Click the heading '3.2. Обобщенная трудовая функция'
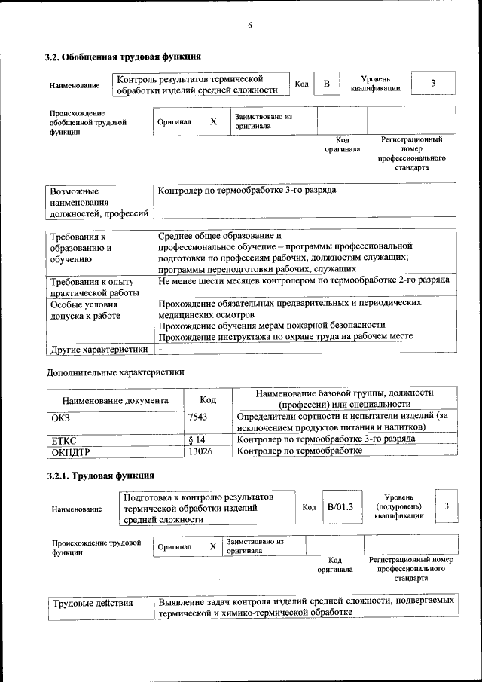122,57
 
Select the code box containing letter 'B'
326,84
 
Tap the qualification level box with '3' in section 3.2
433,84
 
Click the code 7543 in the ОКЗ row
197,416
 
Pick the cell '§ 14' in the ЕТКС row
197,439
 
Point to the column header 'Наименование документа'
115,401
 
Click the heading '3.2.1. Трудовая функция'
100,476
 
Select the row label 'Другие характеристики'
98,350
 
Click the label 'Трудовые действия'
92,603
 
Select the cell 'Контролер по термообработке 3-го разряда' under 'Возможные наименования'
247,191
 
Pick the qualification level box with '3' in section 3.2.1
447,506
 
